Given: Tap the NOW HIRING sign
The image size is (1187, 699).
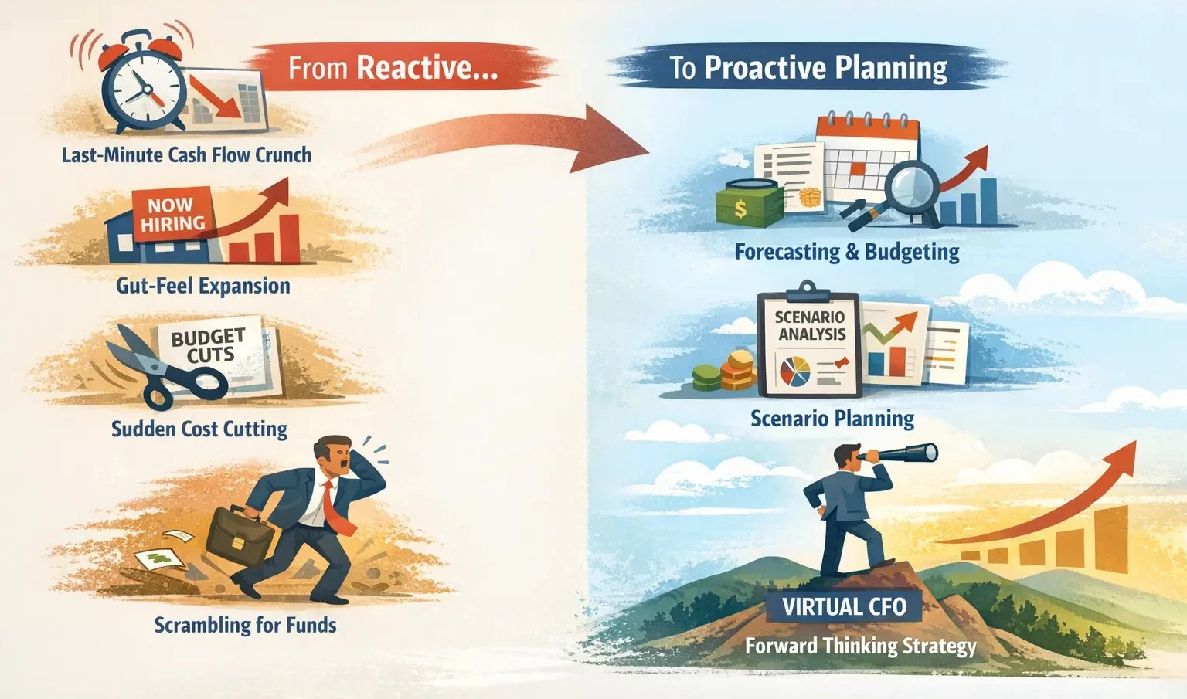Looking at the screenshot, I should coord(172,214).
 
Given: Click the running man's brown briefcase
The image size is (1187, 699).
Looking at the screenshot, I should coord(240,533).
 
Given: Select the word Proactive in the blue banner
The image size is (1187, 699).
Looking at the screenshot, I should coord(761,68).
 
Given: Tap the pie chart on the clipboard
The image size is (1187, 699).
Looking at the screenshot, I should coord(794,372).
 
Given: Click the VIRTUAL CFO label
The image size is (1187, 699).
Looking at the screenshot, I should coord(844,606).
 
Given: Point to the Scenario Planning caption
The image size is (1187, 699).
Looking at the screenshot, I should coord(832,419).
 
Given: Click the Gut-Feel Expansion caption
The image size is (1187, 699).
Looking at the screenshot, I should coord(203,286).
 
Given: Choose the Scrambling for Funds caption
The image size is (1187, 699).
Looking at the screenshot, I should coord(245,624).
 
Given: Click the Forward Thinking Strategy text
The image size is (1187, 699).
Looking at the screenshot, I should coord(860,645).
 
